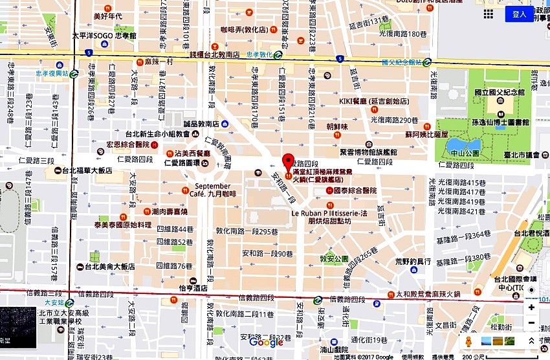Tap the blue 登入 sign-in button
(x=519, y=14)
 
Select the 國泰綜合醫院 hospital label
(x=354, y=191)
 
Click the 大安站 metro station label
(x=54, y=302)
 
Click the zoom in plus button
(x=531, y=307)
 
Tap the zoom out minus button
(x=531, y=322)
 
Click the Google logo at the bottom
(x=266, y=343)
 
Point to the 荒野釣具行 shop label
(x=413, y=262)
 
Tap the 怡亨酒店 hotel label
(x=193, y=289)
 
